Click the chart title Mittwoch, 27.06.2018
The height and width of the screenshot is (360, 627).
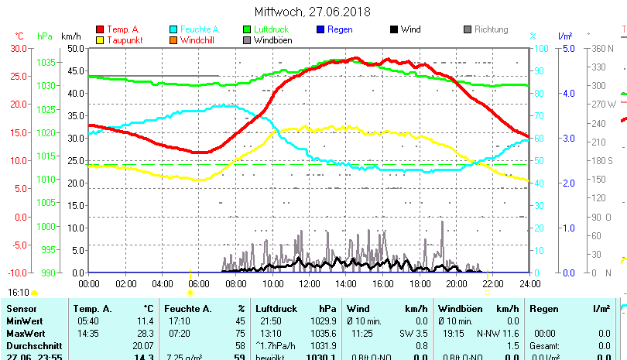[312, 12]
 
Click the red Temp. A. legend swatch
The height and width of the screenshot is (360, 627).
[100, 29]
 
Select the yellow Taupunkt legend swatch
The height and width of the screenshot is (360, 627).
[100, 39]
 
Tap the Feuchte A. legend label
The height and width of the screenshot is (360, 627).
[199, 29]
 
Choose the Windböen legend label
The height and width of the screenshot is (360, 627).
[272, 39]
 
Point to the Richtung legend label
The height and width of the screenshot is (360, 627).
[491, 29]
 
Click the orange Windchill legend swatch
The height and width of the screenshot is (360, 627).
[173, 39]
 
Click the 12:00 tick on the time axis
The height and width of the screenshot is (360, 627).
[308, 283]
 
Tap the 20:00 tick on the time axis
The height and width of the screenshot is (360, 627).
[456, 283]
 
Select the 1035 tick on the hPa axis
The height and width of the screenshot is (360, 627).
[46, 62]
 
